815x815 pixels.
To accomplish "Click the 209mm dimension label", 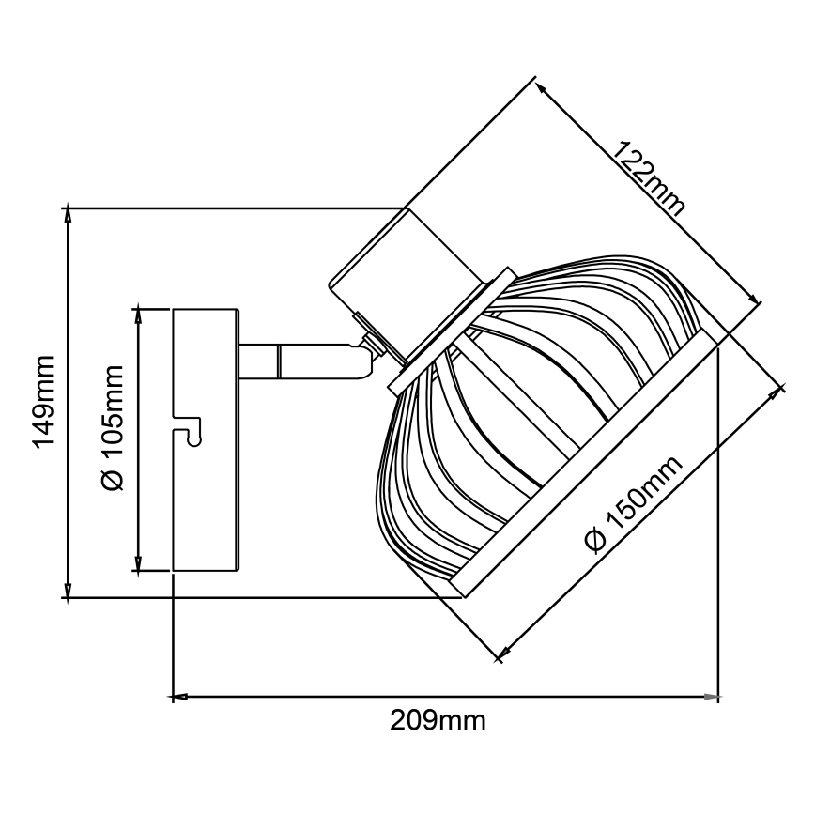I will coord(438,721).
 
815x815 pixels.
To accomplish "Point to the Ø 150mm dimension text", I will coord(631,508).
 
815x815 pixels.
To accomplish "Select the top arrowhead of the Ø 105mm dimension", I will coord(138,314).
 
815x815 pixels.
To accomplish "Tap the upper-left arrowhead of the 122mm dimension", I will coord(544,86).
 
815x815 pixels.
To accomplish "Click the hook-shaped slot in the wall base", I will coord(192,432).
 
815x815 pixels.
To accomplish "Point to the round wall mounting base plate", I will coord(206,438).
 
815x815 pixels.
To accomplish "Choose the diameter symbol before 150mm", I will coord(592,542).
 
